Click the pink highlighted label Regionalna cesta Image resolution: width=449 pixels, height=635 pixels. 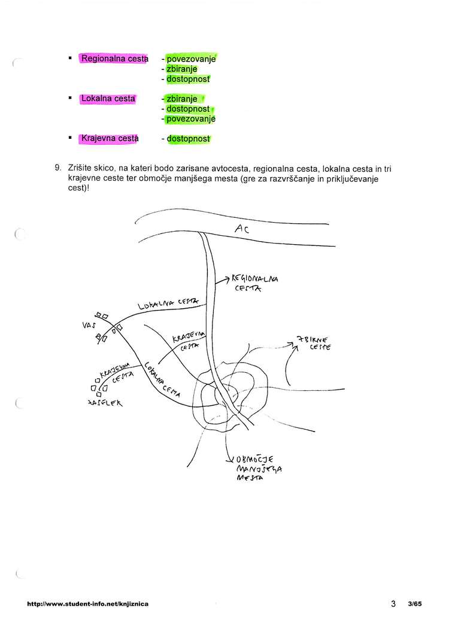tap(114, 59)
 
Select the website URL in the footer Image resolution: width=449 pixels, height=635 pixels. tap(88, 604)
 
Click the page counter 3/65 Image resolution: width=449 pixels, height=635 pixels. tap(414, 604)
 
